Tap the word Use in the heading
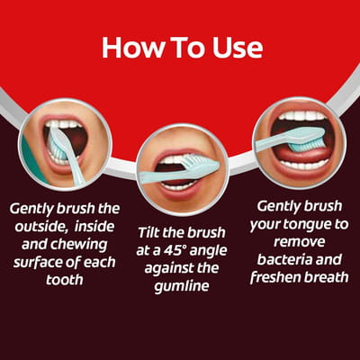point(238,48)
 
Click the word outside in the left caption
point(40,226)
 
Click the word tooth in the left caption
point(65,280)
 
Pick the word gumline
point(182,286)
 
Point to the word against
point(171,269)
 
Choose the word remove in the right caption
point(300,242)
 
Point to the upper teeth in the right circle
point(301,116)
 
